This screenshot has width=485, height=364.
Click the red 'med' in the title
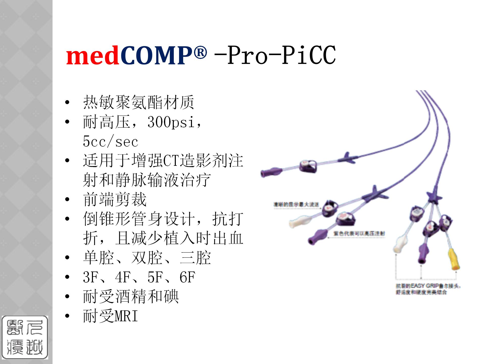(x=92, y=56)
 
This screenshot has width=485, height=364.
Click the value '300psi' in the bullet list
(x=171, y=122)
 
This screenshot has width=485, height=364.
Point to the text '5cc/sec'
(x=110, y=142)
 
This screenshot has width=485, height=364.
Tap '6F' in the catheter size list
(x=187, y=277)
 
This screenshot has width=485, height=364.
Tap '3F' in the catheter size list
(x=90, y=277)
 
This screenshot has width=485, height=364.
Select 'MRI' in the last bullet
(x=126, y=316)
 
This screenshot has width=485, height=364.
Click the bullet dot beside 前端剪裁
(x=67, y=199)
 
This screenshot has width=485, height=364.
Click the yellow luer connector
(x=454, y=259)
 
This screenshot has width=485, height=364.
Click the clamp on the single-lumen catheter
(x=308, y=166)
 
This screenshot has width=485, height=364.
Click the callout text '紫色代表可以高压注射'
(x=359, y=234)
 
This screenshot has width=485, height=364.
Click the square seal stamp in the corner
(x=25, y=337)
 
